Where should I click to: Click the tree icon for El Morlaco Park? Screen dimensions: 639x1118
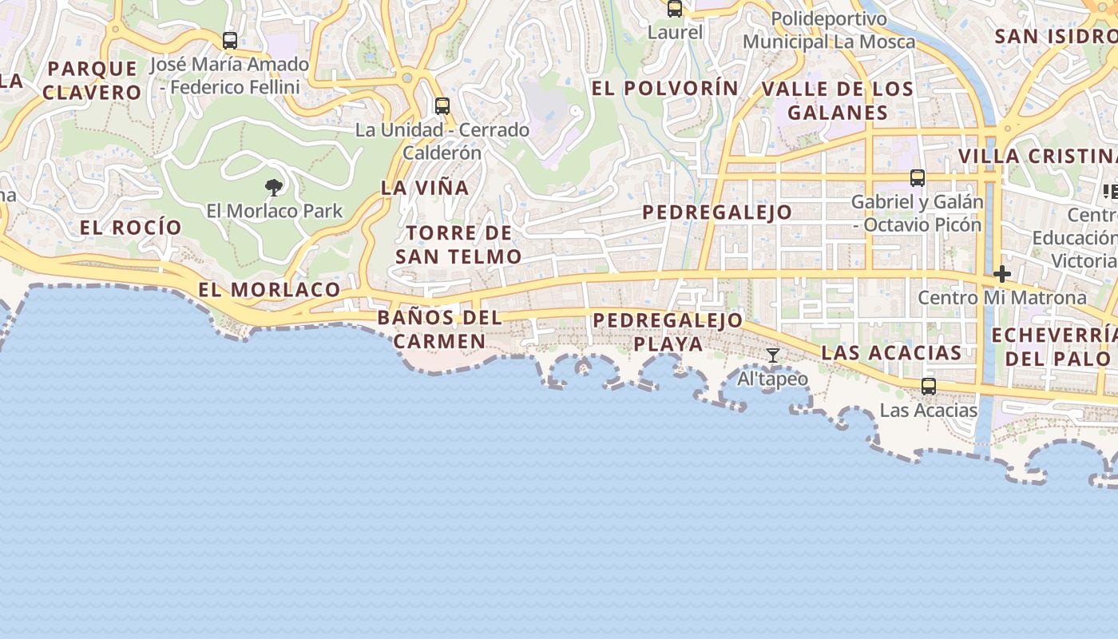pos(274,188)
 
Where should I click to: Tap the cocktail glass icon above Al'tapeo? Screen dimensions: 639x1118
pos(773,355)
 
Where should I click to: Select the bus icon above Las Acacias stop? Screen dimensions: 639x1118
pos(928,387)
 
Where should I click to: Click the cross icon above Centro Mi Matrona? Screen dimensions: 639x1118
pos(1001,274)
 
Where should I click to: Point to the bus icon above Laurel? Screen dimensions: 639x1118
pos(675,9)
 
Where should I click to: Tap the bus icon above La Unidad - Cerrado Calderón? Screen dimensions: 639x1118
pos(442,105)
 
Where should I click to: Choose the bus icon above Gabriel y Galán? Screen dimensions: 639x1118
pos(918,178)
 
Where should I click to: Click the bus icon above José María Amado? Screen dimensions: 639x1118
pos(230,40)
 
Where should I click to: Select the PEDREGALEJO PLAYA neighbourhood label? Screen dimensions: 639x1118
pos(668,332)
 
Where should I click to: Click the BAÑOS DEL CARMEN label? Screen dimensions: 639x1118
pos(439,329)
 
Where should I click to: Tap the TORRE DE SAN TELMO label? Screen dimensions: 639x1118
pos(458,245)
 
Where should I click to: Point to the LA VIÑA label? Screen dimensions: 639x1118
pos(425,188)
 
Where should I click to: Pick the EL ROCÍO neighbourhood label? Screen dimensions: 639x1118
pos(131,228)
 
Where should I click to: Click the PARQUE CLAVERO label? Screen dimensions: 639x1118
pos(93,80)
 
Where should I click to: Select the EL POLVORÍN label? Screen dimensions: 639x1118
pos(665,88)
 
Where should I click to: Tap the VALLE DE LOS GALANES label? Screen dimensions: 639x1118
pos(838,101)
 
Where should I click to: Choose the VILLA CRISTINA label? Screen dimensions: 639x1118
pos(1037,156)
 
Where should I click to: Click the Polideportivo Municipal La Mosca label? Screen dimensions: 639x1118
pos(829,30)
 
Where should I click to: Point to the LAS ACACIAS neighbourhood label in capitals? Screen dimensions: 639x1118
pos(891,353)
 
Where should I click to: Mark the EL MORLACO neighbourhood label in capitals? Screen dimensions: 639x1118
pos(269,289)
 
